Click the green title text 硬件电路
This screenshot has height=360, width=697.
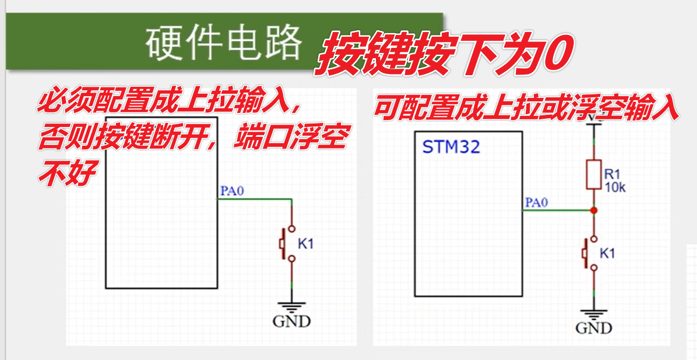[x=224, y=43]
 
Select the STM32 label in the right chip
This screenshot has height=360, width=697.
[x=451, y=147]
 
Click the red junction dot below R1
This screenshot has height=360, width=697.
[x=593, y=210]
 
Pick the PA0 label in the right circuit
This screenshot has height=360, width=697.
[x=537, y=203]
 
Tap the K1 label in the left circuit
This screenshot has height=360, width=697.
[x=306, y=244]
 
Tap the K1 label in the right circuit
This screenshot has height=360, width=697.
[x=607, y=253]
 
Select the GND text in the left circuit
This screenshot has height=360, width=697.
[x=291, y=321]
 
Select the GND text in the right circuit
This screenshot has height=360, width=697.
[x=594, y=328]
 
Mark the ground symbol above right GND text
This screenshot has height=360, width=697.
[x=593, y=313]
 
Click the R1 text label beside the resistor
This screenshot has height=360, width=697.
[x=612, y=174]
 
